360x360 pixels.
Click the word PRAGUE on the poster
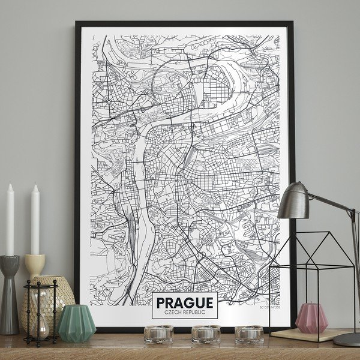click(184, 302)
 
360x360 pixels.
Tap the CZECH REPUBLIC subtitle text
click(184, 312)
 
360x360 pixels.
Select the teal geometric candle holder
click(76, 324)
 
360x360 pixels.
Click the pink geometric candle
click(312, 319)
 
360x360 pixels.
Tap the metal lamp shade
click(294, 201)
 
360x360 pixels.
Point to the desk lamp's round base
click(347, 339)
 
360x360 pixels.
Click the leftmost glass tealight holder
click(158, 334)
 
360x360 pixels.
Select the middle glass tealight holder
click(206, 334)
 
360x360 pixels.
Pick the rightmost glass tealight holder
click(248, 334)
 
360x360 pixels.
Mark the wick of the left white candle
click(10, 184)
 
